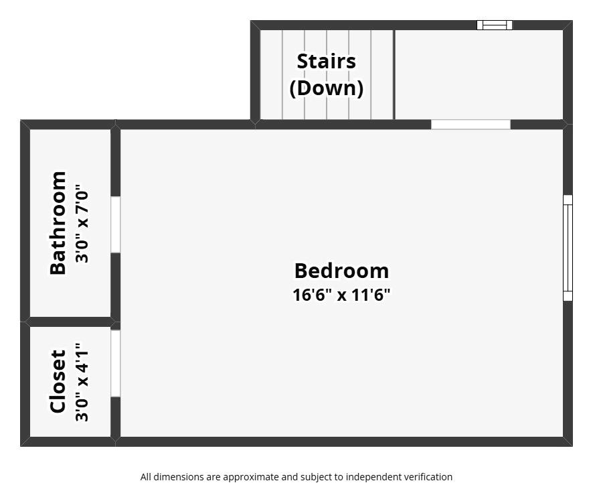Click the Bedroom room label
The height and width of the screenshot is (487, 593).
pos(341,271)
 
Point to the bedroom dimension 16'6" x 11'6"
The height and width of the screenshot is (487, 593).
pos(341,295)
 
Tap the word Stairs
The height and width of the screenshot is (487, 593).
pos(326,61)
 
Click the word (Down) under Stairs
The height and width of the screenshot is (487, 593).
pos(326,88)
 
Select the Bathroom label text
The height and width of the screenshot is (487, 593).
pos(58,223)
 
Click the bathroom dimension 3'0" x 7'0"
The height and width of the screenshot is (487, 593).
pos(82,223)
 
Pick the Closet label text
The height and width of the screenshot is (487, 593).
pos(58,381)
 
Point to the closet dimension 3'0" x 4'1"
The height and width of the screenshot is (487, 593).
pos(82,382)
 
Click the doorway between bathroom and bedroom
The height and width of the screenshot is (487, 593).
pos(115,224)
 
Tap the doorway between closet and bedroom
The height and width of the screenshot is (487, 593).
pos(115,363)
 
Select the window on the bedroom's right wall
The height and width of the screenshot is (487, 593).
pos(568,248)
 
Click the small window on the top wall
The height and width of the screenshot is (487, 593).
pos(495,25)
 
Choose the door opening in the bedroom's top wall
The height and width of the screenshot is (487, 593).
pos(471,124)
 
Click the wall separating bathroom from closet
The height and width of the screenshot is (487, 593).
pos(70,322)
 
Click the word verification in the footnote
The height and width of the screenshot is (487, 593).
pos(426,477)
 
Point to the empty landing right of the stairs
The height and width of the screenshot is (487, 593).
pos(479,74)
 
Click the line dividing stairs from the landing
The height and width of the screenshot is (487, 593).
pos(394,74)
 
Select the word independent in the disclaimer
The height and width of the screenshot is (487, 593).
pos(370,477)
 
